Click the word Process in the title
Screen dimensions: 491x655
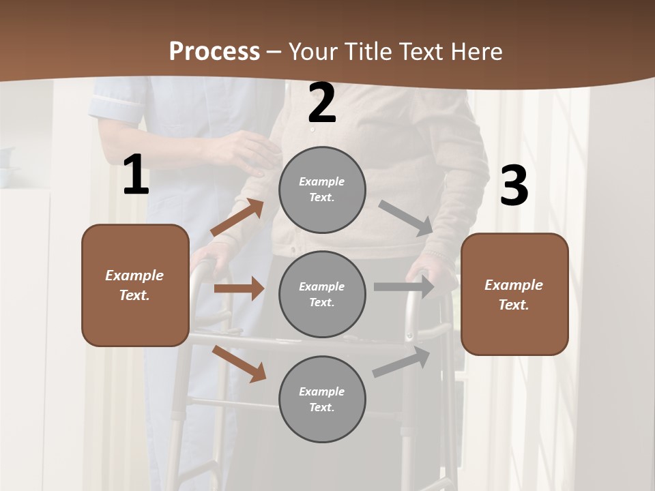[x=214, y=52]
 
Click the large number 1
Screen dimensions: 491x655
[x=136, y=175]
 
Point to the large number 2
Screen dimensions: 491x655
[x=322, y=103]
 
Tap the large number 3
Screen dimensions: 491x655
[x=514, y=185]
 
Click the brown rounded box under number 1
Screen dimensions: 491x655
[x=135, y=285]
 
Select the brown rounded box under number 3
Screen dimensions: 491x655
[x=514, y=294]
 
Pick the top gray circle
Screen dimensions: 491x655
[x=322, y=190]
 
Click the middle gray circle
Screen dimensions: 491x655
[x=322, y=294]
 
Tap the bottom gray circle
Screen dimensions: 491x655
[x=322, y=399]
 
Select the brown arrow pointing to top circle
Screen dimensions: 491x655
[x=237, y=218]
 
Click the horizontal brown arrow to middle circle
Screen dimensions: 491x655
[x=239, y=288]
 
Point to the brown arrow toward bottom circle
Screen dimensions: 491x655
[x=239, y=363]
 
